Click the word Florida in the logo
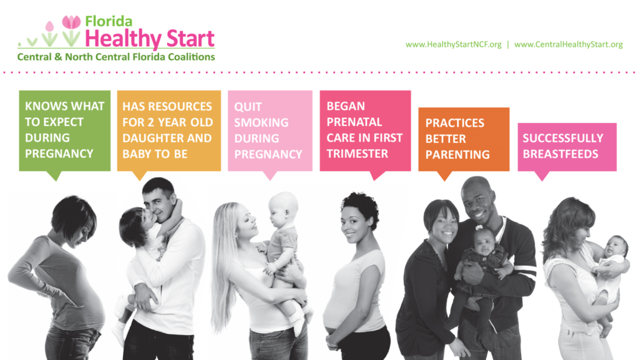point(109,21)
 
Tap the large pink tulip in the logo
point(71,22)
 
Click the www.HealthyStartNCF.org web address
point(453,44)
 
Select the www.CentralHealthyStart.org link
point(568,44)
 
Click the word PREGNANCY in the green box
point(59,153)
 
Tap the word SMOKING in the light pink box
point(261,122)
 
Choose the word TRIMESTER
point(358,153)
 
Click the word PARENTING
point(457,154)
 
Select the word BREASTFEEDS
point(560,154)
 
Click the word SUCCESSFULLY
point(563,138)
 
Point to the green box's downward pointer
point(54,175)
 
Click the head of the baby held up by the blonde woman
point(284,209)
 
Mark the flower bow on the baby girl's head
point(479,228)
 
